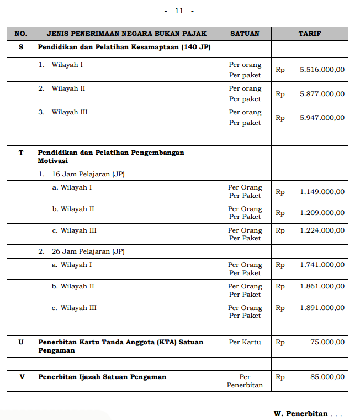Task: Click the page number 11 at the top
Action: click(179, 11)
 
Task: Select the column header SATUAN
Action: click(245, 34)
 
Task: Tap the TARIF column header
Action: click(310, 34)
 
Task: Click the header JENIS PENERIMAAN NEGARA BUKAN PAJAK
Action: click(126, 34)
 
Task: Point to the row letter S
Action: click(21, 48)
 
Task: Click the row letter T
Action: click(21, 152)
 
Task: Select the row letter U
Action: click(21, 342)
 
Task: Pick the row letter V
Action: click(21, 377)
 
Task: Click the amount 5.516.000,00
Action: click(322, 70)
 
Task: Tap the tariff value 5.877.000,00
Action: click(322, 94)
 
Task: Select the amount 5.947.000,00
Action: click(322, 118)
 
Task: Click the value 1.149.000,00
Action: click(322, 192)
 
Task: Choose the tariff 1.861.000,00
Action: click(322, 286)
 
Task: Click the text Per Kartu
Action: click(245, 342)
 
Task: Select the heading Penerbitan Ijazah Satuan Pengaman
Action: click(102, 377)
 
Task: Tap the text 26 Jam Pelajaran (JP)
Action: click(88, 251)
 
